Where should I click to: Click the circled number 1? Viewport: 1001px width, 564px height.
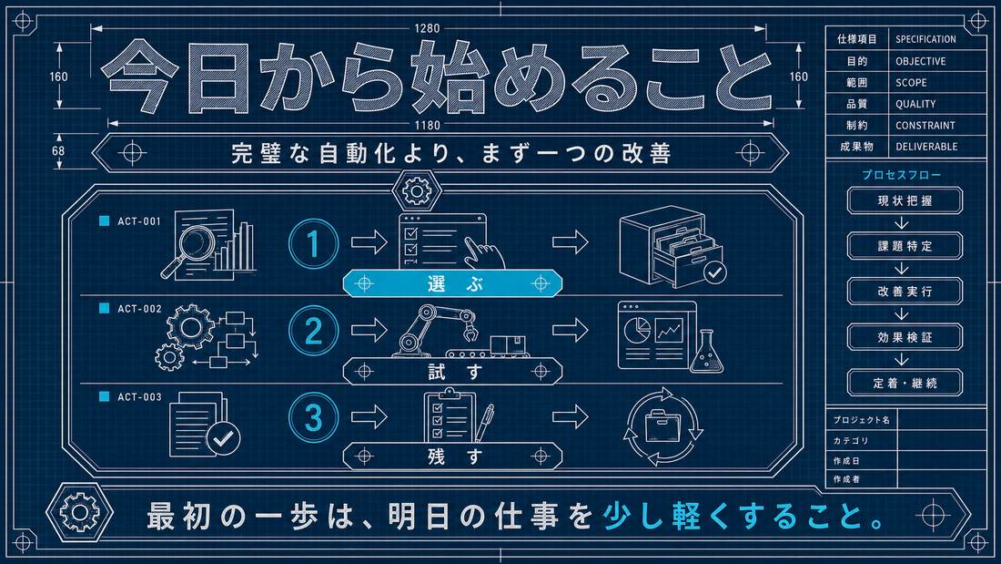313,243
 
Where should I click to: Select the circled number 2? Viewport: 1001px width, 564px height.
313,332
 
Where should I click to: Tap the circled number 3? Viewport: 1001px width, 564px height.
313,417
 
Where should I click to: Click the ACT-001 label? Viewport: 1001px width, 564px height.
139,221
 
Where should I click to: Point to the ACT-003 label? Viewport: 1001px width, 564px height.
139,397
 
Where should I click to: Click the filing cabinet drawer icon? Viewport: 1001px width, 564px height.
672,247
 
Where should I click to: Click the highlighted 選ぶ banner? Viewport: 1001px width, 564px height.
452,283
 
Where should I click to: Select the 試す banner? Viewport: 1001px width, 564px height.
452,371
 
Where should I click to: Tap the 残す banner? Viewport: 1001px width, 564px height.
452,456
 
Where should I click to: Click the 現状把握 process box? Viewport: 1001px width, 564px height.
905,200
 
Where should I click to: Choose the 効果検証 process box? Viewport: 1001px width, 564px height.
905,337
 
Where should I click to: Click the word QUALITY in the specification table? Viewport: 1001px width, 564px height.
915,104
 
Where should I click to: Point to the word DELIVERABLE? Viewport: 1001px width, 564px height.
926,147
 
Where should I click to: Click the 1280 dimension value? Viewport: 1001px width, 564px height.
427,28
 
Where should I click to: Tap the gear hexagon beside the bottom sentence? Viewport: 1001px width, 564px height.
80,512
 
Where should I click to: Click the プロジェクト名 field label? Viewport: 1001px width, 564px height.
861,420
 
